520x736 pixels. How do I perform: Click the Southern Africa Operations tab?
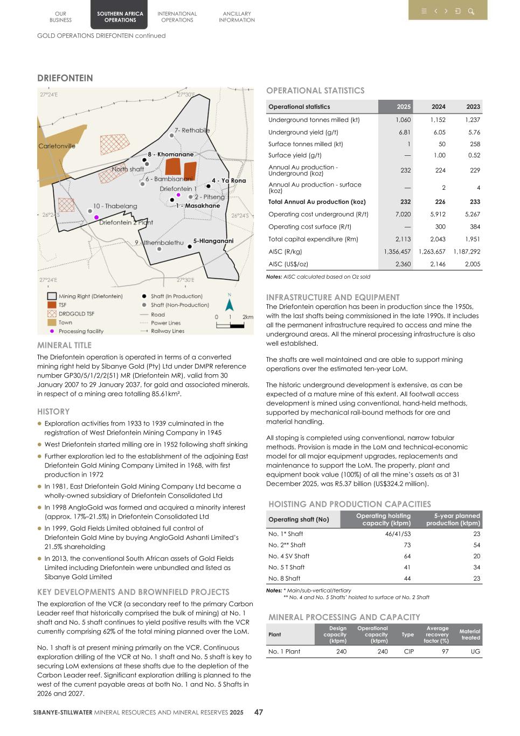120,17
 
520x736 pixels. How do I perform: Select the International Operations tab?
177,17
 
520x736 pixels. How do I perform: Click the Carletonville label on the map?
57,146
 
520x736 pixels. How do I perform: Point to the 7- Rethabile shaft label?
192,130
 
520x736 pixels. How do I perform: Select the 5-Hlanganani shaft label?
213,241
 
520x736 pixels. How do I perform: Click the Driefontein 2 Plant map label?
126,222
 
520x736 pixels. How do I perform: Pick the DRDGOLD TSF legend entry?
76,314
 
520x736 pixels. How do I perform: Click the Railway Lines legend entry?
167,331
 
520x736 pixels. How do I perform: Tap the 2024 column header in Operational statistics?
438,107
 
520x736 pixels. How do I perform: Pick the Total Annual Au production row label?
317,202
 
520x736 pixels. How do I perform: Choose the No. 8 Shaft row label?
284,579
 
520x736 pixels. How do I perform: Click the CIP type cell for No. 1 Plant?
408,651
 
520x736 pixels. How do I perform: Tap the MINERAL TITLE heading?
64,345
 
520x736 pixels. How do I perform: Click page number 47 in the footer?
259,712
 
